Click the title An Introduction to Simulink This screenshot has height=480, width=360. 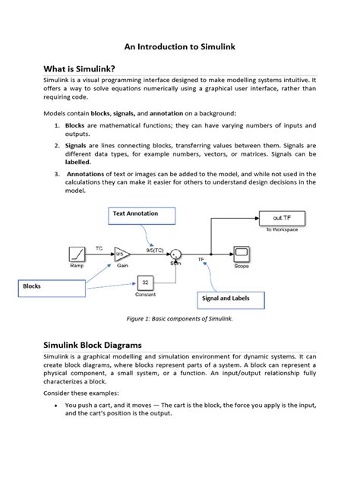(179, 46)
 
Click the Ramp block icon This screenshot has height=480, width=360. (76, 256)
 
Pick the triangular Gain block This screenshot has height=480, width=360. (122, 256)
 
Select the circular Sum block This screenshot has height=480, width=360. (175, 256)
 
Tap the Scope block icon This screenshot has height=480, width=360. (242, 254)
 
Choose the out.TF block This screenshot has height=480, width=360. (282, 217)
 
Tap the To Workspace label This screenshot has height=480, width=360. (282, 229)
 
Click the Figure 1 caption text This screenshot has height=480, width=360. (179, 320)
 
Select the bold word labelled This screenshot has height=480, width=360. (78, 161)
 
